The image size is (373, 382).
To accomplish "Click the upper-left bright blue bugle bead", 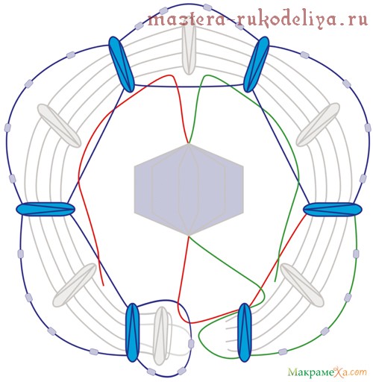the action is point(122,64).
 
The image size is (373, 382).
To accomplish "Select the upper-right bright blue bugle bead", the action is point(257,64).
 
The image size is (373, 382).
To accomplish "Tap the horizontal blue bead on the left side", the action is point(46,208).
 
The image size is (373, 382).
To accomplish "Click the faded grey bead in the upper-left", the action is point(59,125).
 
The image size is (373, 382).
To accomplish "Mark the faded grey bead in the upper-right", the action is point(318,125).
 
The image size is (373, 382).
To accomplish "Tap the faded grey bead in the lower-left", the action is point(75,285).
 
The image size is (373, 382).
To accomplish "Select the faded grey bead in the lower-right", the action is point(302,285).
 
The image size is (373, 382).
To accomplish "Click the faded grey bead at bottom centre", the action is point(162,335).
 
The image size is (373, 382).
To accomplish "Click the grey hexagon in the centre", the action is point(189,190).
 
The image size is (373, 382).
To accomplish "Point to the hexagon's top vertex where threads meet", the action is point(189,144).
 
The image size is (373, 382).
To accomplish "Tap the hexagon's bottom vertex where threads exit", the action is point(189,236).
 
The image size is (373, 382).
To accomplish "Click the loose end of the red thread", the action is point(104,286).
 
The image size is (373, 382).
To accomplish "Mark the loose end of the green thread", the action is point(275,281).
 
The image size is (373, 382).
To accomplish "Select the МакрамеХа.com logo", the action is point(327,372).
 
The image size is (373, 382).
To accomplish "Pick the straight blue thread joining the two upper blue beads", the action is point(189,87).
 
